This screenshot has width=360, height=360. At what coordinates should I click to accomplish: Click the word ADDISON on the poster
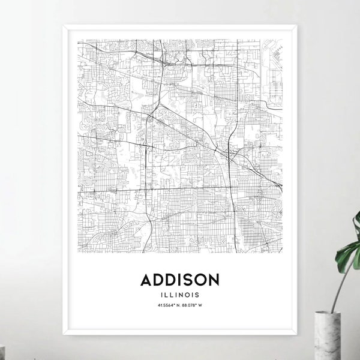179,280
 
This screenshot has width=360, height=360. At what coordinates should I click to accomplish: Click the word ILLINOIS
179,294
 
